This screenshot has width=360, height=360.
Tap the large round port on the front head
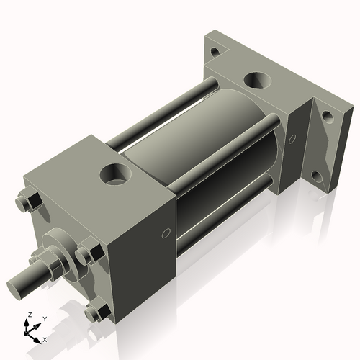(x=114, y=173)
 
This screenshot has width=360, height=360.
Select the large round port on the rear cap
(x=256, y=80)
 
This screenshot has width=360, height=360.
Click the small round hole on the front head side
(x=167, y=233)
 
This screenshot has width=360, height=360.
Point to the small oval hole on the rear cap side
(x=292, y=138)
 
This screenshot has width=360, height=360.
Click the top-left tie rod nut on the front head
(x=30, y=202)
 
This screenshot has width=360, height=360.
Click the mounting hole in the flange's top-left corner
(x=214, y=52)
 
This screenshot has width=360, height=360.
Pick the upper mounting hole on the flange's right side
(x=326, y=115)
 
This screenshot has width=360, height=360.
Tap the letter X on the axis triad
(x=45, y=338)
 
